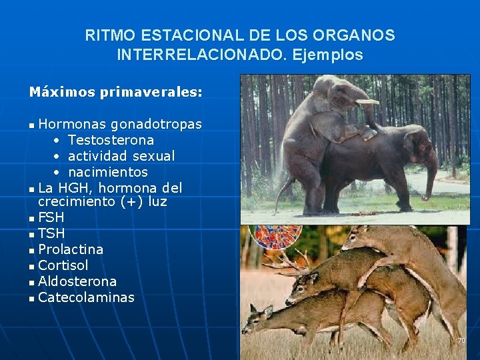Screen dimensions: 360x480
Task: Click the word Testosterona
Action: coord(111,140)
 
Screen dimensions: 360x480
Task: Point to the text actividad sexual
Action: coord(121,156)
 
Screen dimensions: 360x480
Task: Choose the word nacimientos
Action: coord(108,172)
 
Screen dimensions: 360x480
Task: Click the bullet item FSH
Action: coord(51,217)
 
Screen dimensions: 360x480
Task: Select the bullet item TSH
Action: coord(51,233)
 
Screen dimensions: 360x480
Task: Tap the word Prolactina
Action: coord(71,249)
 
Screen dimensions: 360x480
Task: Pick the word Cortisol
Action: coord(63,265)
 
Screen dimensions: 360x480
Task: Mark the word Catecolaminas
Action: coord(86,297)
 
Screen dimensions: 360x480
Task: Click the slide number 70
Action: coord(461,341)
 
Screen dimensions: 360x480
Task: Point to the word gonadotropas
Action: coord(156,124)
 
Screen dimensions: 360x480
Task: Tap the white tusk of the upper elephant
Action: coord(367,101)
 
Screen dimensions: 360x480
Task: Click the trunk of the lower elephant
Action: coord(431,173)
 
